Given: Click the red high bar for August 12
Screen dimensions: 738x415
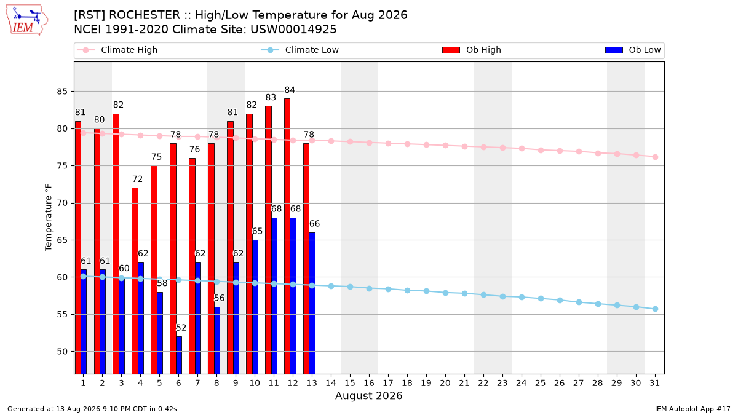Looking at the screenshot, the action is (x=287, y=236).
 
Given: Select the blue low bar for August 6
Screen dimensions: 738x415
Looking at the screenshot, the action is (x=179, y=355).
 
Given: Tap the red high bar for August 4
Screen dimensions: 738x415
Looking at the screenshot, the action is (x=135, y=280).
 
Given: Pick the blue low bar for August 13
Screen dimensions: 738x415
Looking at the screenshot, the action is (x=312, y=303).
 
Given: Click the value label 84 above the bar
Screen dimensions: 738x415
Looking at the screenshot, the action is (x=290, y=90).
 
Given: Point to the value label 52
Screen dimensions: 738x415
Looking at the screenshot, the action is (x=181, y=328).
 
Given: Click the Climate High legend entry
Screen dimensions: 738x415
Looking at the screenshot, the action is (x=117, y=50).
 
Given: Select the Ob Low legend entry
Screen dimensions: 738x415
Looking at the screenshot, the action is (x=633, y=50).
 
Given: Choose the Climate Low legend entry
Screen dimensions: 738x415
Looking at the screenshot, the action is (x=300, y=50).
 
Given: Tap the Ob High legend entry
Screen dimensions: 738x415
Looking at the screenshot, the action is (x=472, y=50).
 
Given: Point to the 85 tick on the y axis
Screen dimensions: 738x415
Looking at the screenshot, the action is (x=62, y=91).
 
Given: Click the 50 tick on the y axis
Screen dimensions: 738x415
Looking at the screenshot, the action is (x=62, y=352).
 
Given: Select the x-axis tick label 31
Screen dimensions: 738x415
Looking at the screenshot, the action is (x=654, y=383).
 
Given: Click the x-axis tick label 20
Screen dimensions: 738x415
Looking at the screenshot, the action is (x=445, y=383).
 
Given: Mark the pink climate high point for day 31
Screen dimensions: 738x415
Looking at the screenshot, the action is (x=655, y=157).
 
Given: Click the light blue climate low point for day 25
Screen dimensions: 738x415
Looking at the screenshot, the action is (x=541, y=298).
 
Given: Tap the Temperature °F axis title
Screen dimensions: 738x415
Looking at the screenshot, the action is (x=49, y=218).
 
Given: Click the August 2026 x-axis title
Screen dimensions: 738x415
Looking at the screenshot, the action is (x=368, y=395).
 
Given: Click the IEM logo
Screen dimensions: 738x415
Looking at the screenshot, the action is (x=27, y=20).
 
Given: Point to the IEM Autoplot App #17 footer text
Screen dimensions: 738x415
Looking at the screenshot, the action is (x=692, y=409).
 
